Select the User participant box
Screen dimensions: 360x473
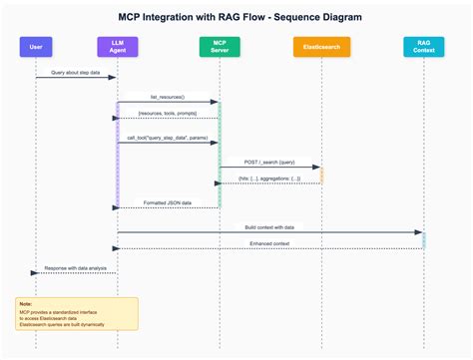pos(36,47)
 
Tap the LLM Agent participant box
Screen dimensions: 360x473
pos(117,47)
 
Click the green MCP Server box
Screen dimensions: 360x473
pos(219,47)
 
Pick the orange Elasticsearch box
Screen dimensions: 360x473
pos(320,47)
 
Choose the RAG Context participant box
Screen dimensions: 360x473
pos(423,47)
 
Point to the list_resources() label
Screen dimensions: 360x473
pos(168,98)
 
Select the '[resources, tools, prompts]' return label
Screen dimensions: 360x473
pos(168,115)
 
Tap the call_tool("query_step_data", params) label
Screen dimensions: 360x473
pos(168,139)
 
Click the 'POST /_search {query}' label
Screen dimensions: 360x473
pos(269,163)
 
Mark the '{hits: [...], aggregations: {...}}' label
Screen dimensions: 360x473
pos(269,180)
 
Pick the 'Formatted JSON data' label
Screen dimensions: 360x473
pos(168,203)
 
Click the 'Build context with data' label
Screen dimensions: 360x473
pos(269,228)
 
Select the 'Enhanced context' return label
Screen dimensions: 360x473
pos(269,244)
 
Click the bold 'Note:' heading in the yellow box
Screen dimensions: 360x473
pos(25,304)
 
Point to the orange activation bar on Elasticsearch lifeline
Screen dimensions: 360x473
pos(321,175)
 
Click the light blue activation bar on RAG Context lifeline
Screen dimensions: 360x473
pos(423,239)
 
